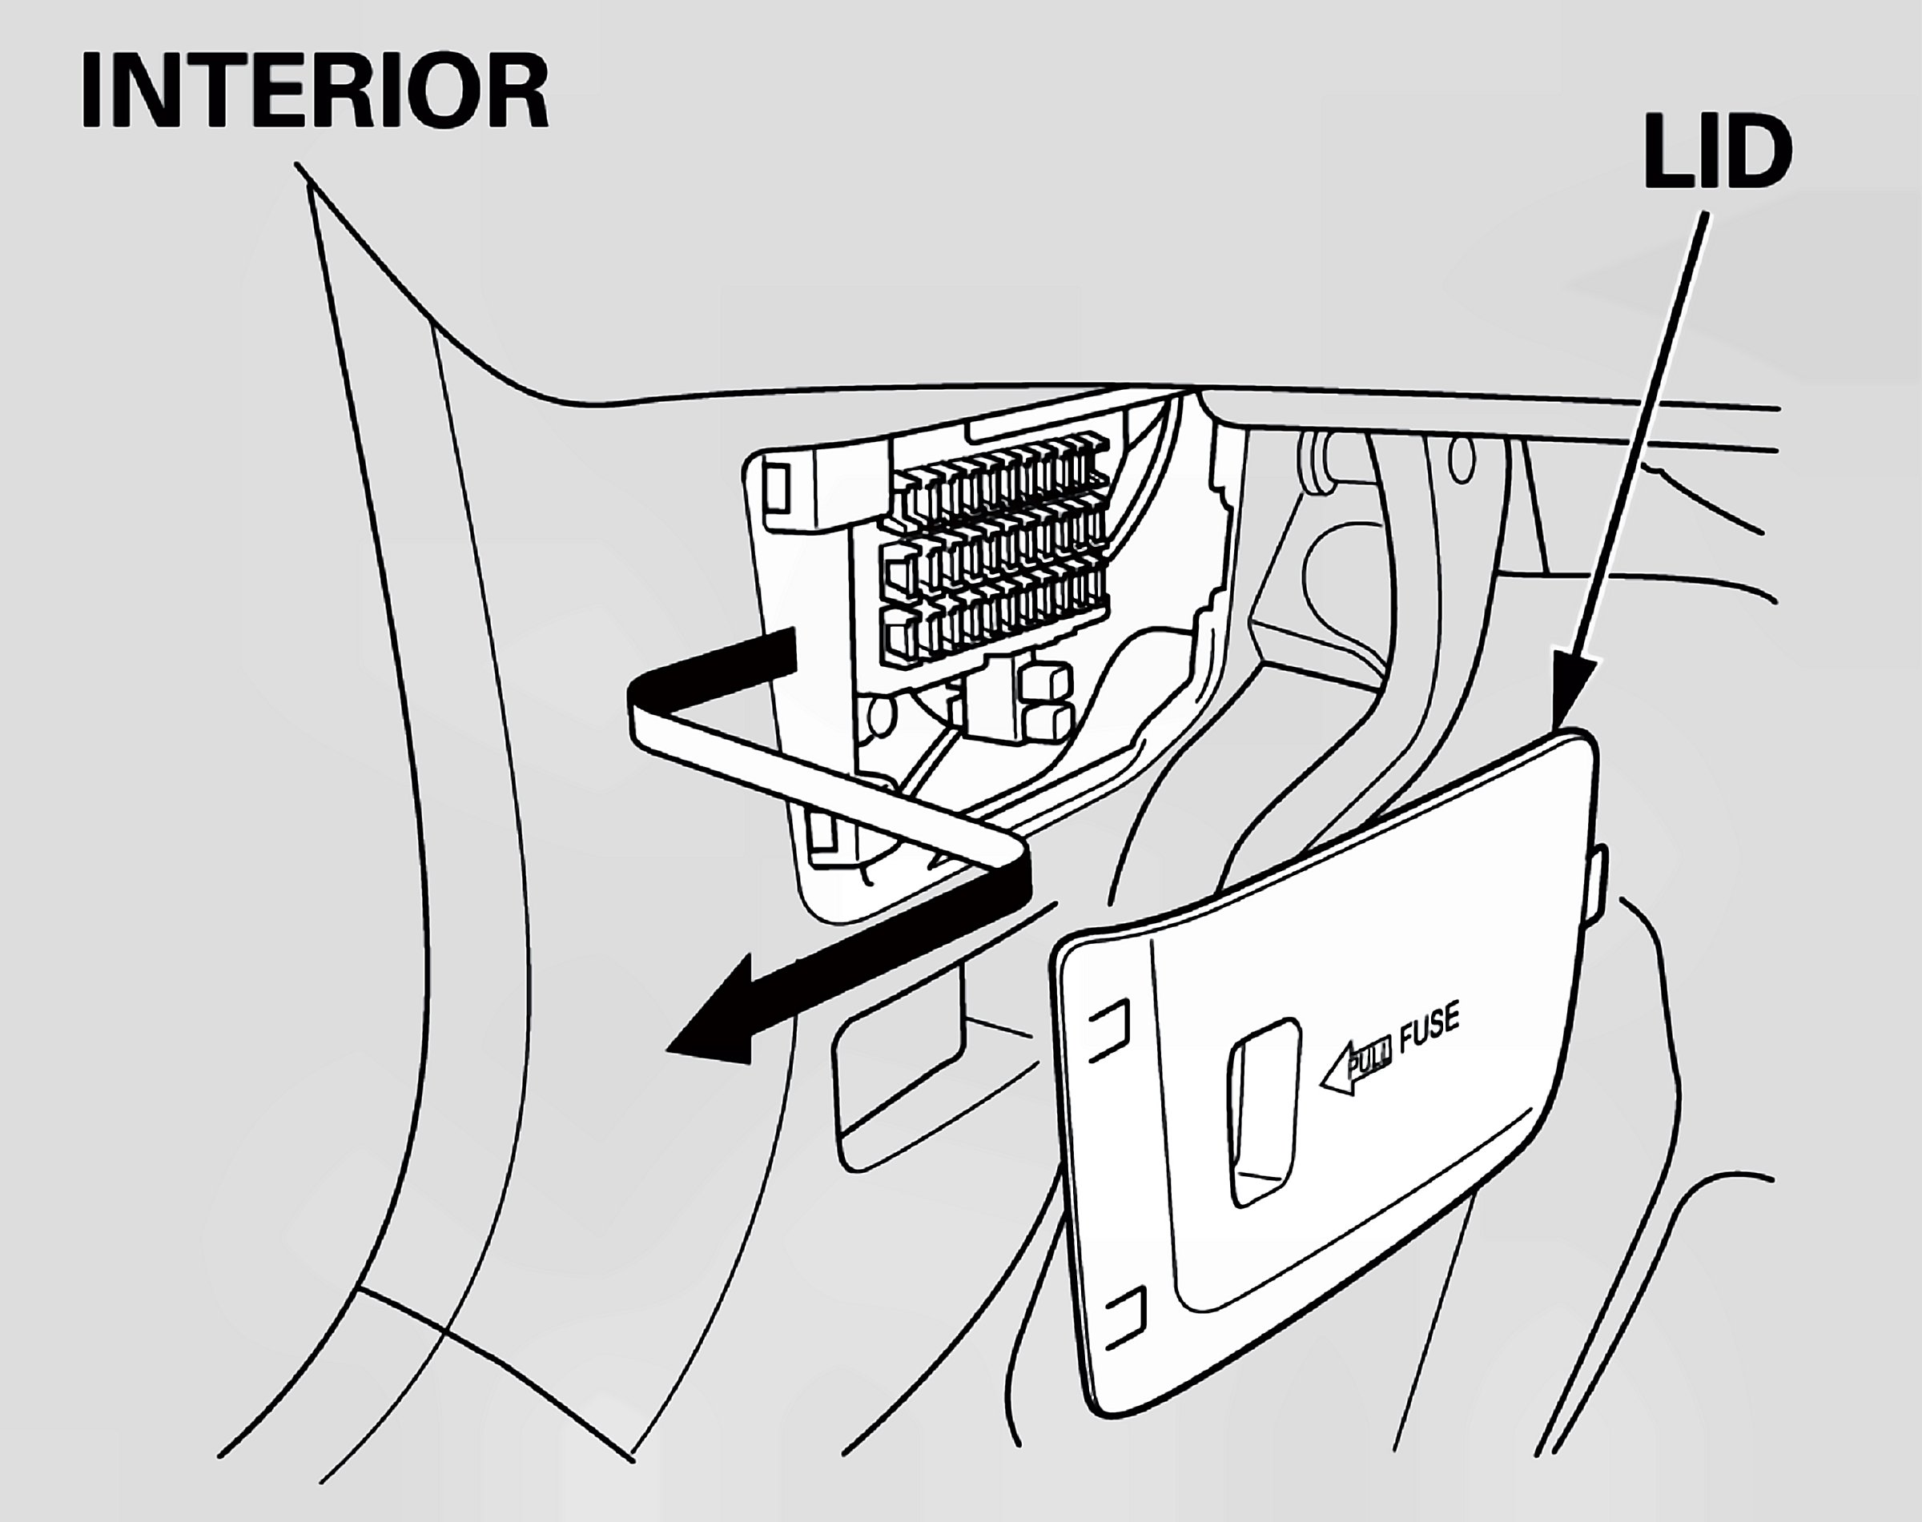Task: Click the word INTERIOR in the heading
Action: pos(314,92)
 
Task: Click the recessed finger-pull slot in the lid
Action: pos(1263,1112)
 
